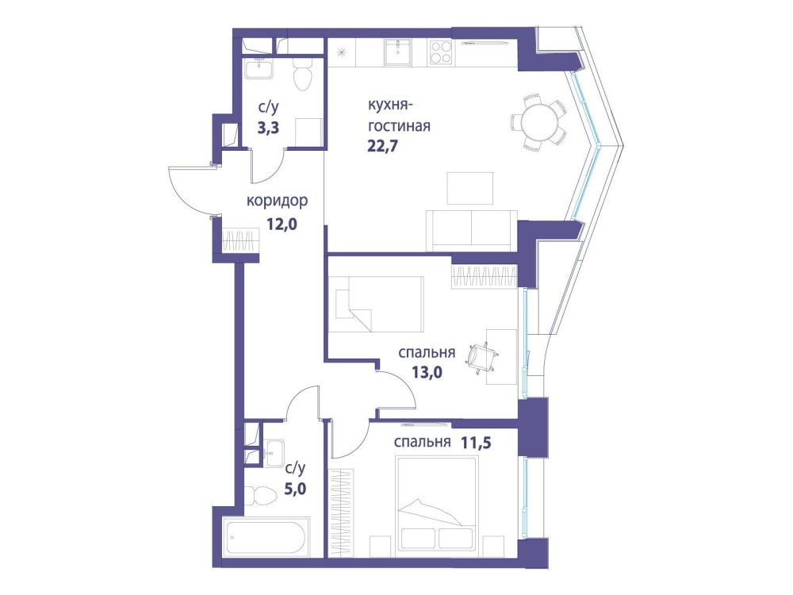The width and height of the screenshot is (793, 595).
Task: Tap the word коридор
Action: pyautogui.click(x=277, y=202)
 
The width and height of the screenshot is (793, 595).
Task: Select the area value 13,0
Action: pyautogui.click(x=427, y=373)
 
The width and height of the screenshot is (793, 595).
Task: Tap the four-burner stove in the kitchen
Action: pyautogui.click(x=440, y=52)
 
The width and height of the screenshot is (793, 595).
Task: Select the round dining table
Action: pyautogui.click(x=538, y=122)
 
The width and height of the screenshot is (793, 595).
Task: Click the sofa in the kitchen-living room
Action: pyautogui.click(x=471, y=229)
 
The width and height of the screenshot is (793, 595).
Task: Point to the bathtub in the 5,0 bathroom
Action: pyautogui.click(x=266, y=537)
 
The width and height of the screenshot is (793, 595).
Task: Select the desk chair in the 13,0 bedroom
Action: pyautogui.click(x=483, y=356)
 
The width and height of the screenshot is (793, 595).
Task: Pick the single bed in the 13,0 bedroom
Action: pyautogui.click(x=376, y=303)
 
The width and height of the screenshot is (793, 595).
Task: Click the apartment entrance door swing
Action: pyautogui.click(x=190, y=190)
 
